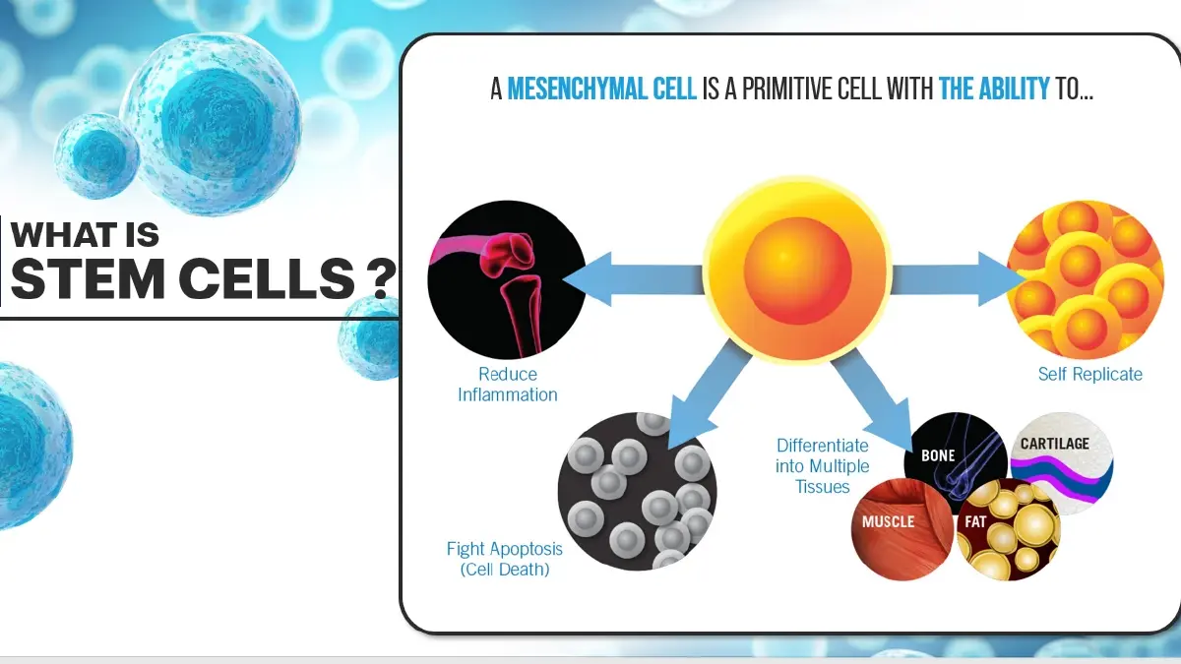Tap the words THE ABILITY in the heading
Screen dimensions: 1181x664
pos(994,89)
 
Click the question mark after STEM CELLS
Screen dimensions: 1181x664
pos(381,279)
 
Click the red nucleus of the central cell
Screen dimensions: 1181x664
pos(798,271)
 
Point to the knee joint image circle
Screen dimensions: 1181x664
pos(507,279)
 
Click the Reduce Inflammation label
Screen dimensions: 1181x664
pos(507,385)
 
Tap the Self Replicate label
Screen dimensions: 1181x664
pos(1089,374)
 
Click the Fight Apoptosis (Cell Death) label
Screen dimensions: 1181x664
pos(505,559)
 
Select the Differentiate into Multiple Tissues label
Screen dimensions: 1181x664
pos(823,466)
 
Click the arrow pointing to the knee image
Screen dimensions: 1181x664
pos(633,279)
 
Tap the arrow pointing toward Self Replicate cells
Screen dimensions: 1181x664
pos(957,279)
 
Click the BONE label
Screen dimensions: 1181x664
pos(938,455)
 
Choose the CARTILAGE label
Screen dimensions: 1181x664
pos(1054,444)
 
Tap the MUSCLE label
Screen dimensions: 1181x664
pos(888,521)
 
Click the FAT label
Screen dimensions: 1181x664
pos(975,521)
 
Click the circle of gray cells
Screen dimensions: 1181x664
pos(637,491)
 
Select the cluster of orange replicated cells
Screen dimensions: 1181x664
pos(1085,279)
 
